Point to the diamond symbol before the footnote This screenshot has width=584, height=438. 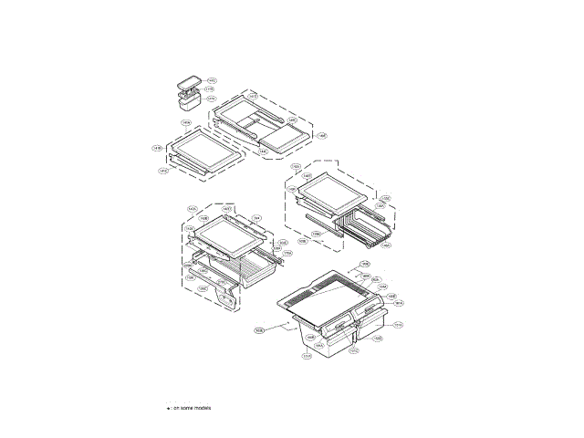[x=168, y=408]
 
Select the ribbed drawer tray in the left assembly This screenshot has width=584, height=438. [x=246, y=269]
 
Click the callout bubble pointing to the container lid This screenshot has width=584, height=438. [x=212, y=80]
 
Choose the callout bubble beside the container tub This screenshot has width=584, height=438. [x=212, y=99]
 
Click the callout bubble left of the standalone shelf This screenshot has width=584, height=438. [x=157, y=148]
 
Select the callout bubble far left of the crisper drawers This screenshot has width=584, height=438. [x=259, y=330]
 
